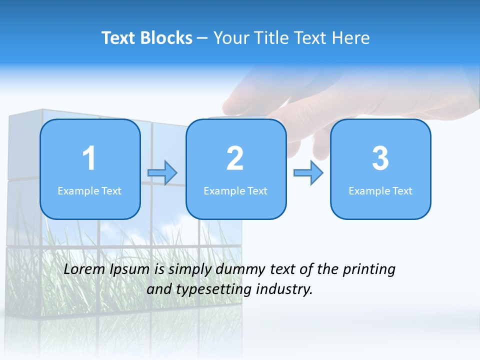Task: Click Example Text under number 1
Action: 89,190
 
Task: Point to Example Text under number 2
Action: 235,190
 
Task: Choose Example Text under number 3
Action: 380,190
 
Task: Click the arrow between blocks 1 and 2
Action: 162,173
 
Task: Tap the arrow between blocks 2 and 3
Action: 308,173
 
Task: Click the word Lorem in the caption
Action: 85,269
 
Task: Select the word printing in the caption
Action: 369,270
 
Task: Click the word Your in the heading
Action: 230,38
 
